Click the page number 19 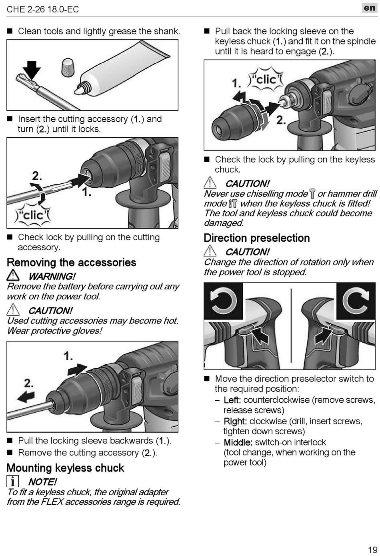pos(372,550)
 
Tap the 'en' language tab pos(369,8)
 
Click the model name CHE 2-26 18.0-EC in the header pos(43,10)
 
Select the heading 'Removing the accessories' pos(72,262)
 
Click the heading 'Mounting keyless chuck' pos(66,468)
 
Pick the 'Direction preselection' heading pos(257,238)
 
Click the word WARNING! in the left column pos(52,276)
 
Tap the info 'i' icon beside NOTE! pos(12,481)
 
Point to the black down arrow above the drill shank pos(32,70)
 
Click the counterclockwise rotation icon pos(223,301)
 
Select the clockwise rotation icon pos(356,301)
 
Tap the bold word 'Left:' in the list pos(232,400)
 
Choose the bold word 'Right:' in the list pos(235,421)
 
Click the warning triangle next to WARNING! pos(13,275)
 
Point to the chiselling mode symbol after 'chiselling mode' pos(312,194)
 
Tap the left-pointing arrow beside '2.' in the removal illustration pos(26,397)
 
